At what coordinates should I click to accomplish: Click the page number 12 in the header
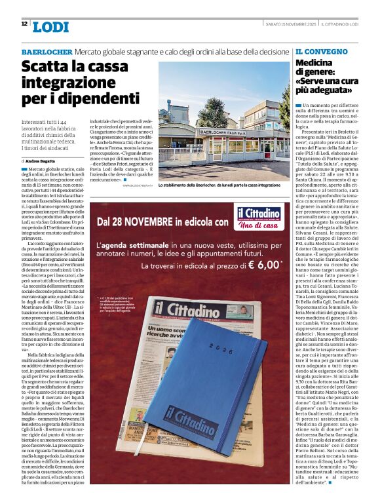click(24, 24)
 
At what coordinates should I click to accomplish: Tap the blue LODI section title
click(50, 26)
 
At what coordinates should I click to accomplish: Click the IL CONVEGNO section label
click(321, 51)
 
